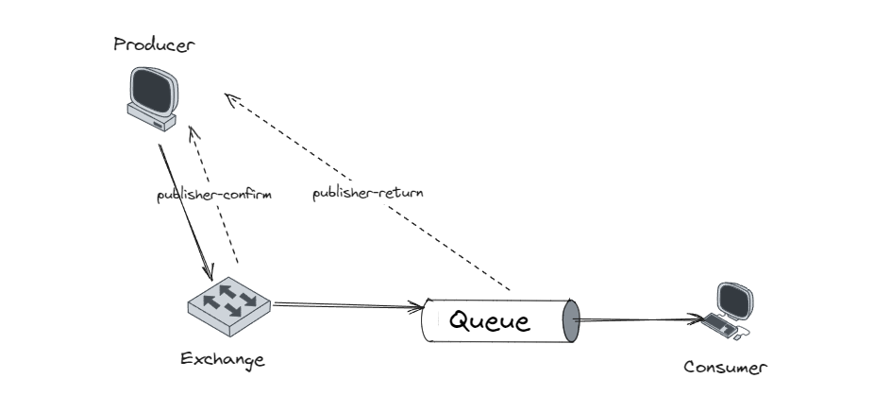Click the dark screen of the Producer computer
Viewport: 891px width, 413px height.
[x=154, y=91]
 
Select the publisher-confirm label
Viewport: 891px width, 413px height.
[x=214, y=196]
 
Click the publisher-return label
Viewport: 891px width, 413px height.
[x=368, y=193]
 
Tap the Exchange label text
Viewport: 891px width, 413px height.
[x=223, y=359]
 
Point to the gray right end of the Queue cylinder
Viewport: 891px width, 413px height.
[x=569, y=321]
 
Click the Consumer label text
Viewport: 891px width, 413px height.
[x=725, y=368]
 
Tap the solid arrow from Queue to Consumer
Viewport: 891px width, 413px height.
[x=642, y=320]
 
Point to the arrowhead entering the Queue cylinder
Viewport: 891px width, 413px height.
[x=415, y=307]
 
